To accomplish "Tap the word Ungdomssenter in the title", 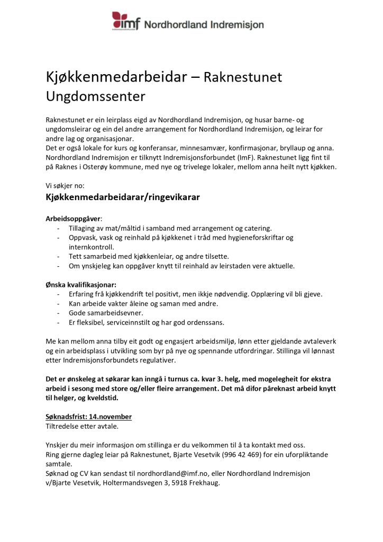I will [95, 96].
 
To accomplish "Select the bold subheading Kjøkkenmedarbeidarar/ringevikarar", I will [122, 197].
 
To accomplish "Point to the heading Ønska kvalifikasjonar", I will [80, 284].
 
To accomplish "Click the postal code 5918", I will [175, 483].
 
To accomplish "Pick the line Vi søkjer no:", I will [65, 186].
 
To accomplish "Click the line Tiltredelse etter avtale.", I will [82, 426].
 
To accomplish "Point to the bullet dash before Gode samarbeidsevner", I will [58, 313].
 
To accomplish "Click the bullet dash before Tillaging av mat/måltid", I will [58, 229].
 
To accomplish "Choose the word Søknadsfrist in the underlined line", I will [66, 417].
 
